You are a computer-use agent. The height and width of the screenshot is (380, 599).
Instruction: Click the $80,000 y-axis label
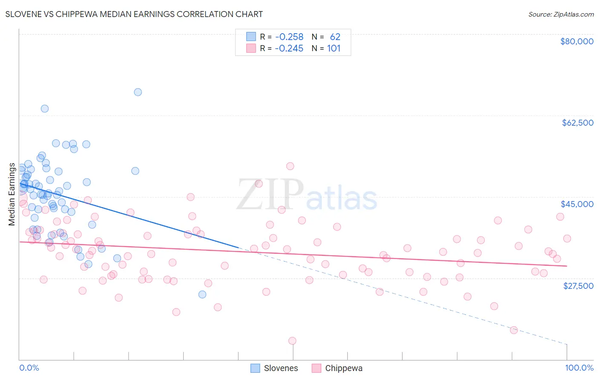coord(577,41)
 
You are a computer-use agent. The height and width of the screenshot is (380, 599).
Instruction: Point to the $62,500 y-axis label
coord(577,123)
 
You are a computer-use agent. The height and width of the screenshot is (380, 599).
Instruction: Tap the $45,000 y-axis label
coord(577,204)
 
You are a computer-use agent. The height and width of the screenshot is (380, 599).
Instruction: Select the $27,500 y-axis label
coord(578,285)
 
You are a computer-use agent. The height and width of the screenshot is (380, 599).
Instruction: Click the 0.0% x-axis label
coord(29,368)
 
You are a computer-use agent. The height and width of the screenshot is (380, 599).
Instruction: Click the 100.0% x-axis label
coord(579,368)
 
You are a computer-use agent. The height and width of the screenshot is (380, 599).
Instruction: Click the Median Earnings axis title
coord(12,194)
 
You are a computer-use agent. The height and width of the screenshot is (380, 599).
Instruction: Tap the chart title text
coord(134,14)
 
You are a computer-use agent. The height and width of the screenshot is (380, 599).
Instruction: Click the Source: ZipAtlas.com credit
coord(561,14)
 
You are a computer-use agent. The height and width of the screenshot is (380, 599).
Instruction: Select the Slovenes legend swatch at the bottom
coord(255,368)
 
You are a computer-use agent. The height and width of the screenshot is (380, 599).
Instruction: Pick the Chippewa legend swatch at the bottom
coord(316,368)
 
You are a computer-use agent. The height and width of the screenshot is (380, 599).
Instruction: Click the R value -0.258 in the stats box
coord(289,37)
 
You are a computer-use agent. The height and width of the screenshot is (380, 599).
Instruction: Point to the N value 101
coord(334,49)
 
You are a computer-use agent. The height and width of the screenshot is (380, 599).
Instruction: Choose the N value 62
coord(335,37)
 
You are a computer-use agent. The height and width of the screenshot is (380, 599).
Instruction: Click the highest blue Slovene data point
coord(138,92)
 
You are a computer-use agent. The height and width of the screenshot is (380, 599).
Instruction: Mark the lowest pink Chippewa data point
coord(292,341)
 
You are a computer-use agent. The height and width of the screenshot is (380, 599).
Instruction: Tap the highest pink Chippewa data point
coord(290,166)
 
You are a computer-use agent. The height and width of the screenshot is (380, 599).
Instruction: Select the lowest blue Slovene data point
coord(202,294)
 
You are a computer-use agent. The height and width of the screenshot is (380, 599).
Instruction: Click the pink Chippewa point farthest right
coord(567,239)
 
